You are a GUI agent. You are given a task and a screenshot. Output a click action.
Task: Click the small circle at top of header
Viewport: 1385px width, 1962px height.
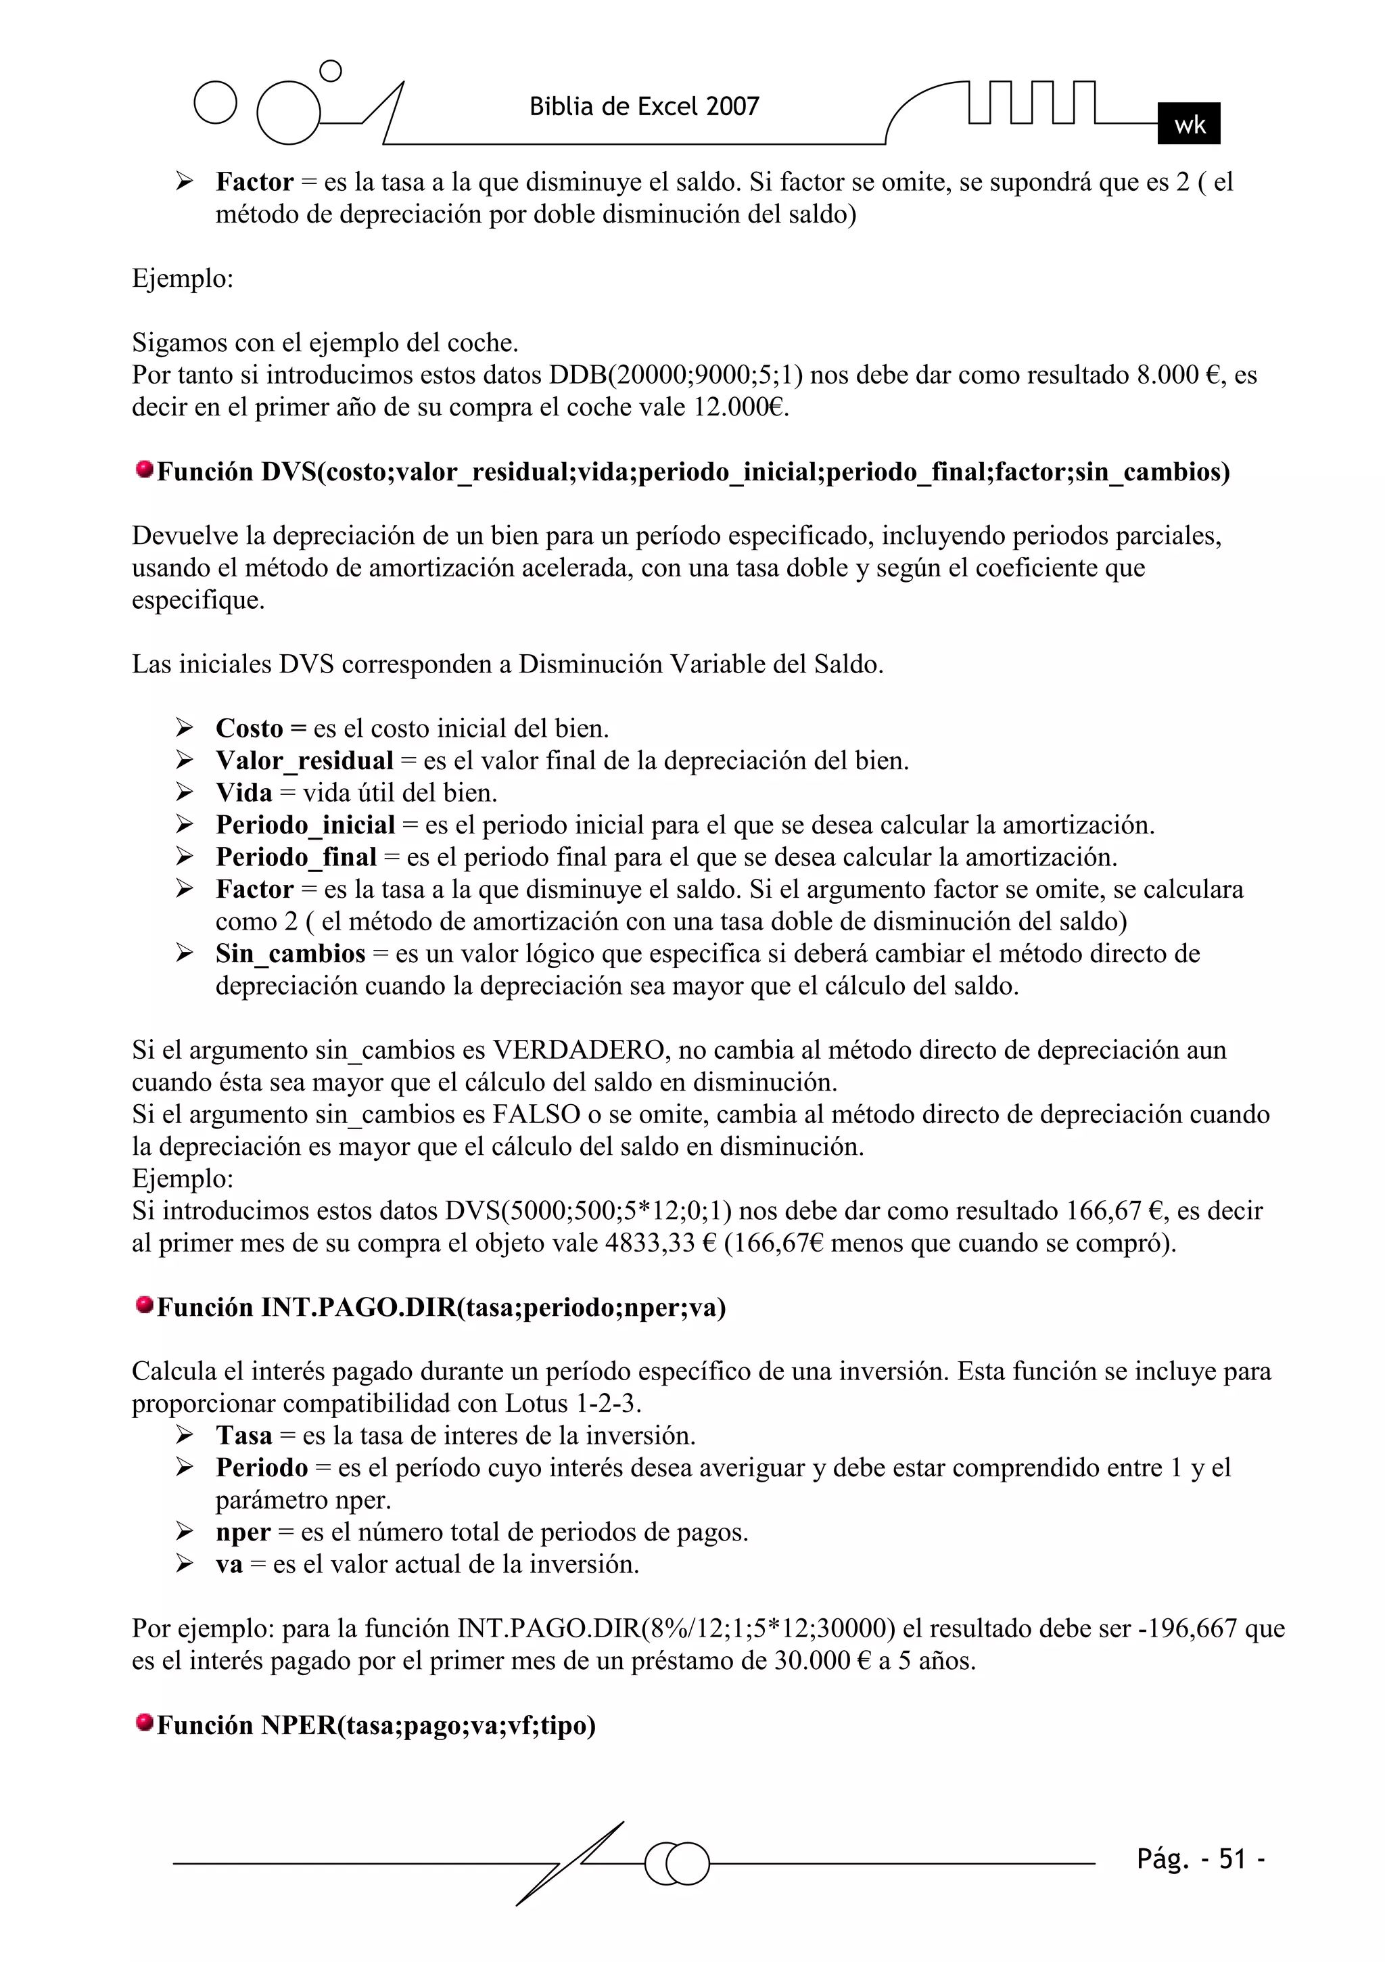tap(330, 71)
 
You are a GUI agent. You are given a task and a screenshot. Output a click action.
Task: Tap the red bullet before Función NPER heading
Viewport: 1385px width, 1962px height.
tap(145, 1722)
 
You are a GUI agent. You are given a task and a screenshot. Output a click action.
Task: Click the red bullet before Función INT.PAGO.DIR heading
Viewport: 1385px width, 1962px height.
tap(145, 1305)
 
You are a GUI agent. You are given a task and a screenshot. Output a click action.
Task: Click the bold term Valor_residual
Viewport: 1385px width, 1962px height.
tap(304, 760)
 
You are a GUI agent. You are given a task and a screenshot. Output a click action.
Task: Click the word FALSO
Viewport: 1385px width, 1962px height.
tap(539, 1114)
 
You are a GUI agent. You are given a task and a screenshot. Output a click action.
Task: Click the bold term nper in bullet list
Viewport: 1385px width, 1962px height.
tap(243, 1533)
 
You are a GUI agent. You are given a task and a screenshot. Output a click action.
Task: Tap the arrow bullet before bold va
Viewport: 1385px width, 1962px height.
tap(185, 1564)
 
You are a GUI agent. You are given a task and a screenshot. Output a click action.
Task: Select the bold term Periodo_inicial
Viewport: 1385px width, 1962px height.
tap(305, 825)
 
